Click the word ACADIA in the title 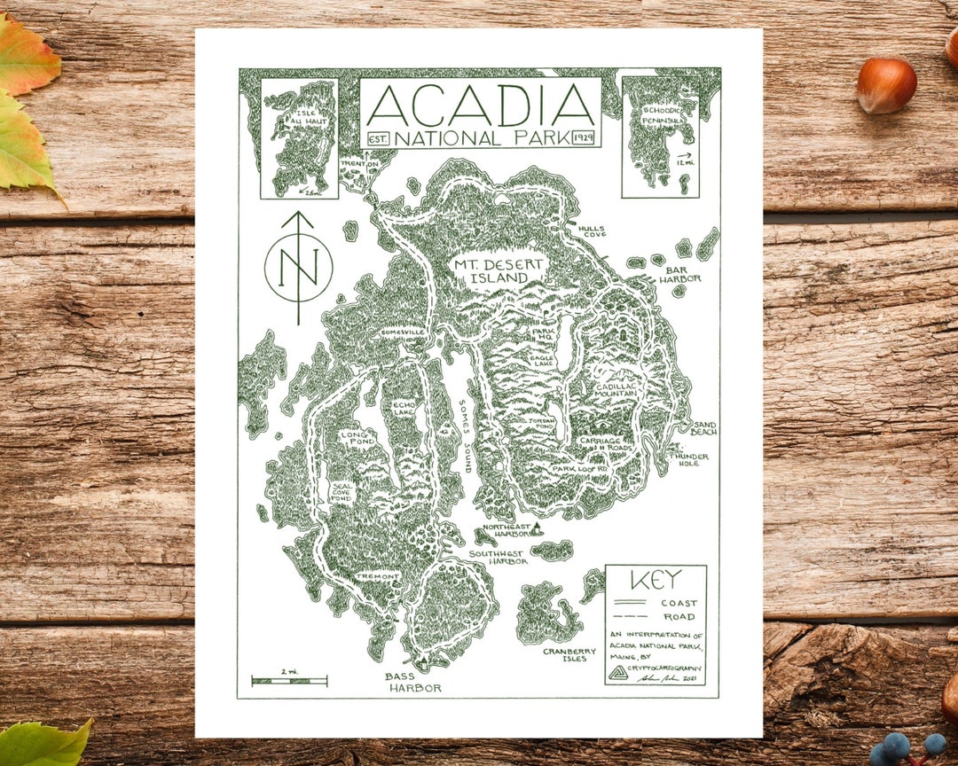click(x=480, y=106)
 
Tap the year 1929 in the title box click(x=584, y=138)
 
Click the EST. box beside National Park click(x=378, y=139)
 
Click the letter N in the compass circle click(x=298, y=267)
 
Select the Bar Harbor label click(x=679, y=272)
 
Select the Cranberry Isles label click(x=566, y=654)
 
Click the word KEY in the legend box click(x=656, y=581)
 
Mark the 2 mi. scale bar click(x=289, y=681)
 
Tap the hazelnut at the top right click(x=886, y=85)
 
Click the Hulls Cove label click(x=592, y=232)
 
